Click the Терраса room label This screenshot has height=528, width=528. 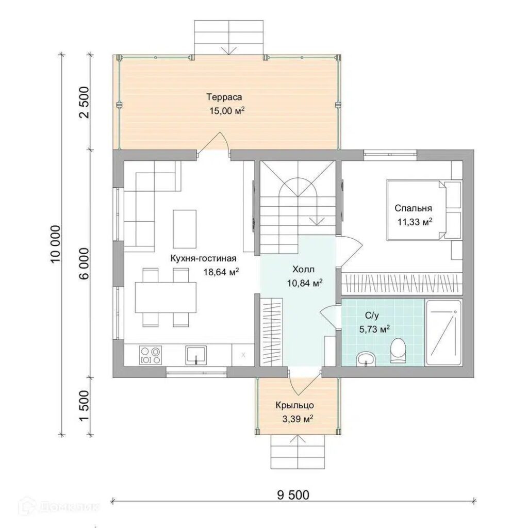pos(224,97)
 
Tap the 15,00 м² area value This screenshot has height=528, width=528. pos(227,111)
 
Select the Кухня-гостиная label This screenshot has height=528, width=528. pos(203,259)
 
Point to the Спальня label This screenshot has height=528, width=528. pos(413,208)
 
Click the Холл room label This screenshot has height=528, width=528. pos(303,269)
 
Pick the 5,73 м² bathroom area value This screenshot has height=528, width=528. pos(375,329)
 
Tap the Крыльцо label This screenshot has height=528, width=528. pos(294,405)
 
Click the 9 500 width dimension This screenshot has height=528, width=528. pos(293,495)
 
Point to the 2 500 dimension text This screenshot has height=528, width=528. pos(85,103)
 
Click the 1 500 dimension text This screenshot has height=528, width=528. pos(85,406)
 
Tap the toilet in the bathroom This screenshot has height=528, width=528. pos(398,351)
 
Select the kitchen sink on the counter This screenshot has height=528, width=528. pos(195,355)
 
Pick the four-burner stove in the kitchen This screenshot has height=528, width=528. pos(151,355)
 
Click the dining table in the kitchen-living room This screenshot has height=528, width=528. pos(166,298)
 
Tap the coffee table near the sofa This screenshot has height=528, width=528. pos(185,228)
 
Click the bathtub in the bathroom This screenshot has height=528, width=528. pos(443,333)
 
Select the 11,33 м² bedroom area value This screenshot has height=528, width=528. pos(415,222)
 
